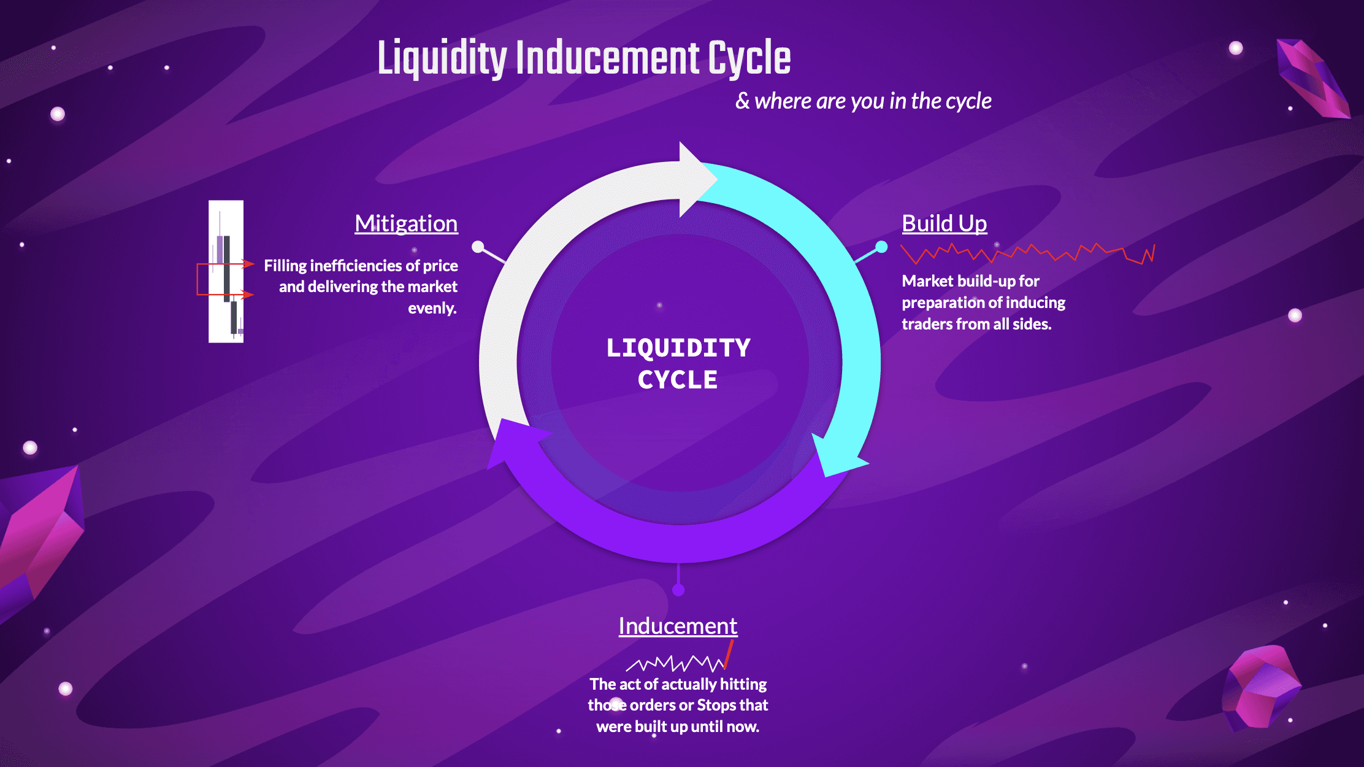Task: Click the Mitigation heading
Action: click(406, 223)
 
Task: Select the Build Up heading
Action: click(944, 223)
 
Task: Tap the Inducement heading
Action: click(678, 626)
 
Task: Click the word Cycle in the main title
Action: click(749, 58)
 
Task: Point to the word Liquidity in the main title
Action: click(442, 58)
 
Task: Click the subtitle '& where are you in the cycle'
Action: click(863, 101)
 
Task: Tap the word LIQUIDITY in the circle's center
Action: click(678, 348)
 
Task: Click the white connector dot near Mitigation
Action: click(478, 247)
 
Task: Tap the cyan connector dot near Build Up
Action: click(881, 247)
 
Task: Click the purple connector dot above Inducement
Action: click(678, 590)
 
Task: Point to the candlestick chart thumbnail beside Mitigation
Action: click(226, 271)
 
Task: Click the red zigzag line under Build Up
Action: click(1027, 253)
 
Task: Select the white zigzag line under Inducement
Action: click(675, 663)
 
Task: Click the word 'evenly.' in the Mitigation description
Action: click(432, 308)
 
